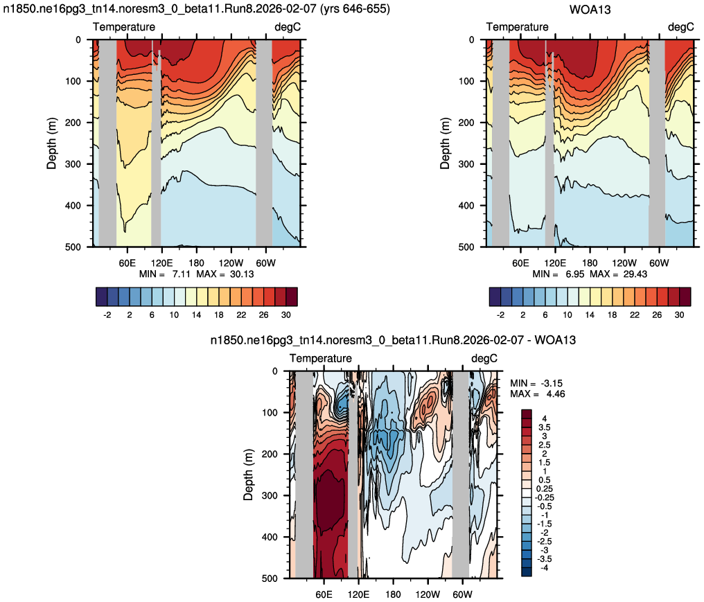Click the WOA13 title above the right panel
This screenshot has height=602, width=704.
coord(590,10)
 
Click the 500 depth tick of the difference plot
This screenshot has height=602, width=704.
coord(270,578)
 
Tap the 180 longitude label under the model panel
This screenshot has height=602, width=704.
coord(196,263)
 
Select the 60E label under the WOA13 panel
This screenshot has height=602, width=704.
coord(520,263)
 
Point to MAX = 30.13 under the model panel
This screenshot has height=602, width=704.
coord(225,274)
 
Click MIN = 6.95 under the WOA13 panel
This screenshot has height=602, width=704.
coord(558,274)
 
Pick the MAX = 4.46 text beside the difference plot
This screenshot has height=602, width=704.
coord(538,394)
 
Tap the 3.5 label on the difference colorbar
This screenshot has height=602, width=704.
coord(545,427)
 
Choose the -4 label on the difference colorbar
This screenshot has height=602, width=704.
coord(544,568)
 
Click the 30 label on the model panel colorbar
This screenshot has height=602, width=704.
coord(286,315)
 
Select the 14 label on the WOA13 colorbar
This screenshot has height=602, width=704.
coord(590,315)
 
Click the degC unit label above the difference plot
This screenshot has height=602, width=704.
coord(484,358)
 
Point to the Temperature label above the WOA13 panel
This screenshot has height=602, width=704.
coord(517,27)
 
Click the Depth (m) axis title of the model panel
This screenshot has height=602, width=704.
coord(52,143)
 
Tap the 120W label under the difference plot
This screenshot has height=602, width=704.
coord(428,594)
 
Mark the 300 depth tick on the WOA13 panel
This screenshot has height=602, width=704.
coord(466,164)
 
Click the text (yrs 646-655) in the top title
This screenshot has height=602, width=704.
coord(355,9)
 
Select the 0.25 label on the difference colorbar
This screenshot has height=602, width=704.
coord(545,489)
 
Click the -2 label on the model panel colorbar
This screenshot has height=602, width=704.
coord(107,315)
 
